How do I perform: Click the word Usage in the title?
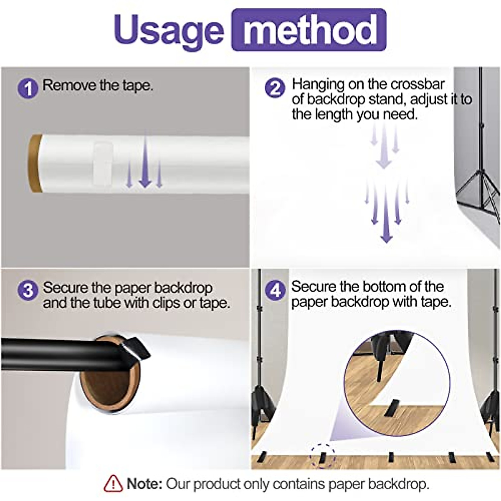point(168,30)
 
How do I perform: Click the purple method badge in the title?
point(309,30)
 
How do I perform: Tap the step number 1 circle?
point(28,88)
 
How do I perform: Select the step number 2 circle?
point(275,88)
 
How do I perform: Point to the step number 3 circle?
point(28,290)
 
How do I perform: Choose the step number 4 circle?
point(276,290)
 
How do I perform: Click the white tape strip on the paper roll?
point(102,163)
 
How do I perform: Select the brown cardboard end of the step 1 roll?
point(35,163)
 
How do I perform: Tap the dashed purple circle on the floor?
point(322,456)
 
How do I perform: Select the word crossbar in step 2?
point(417,84)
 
